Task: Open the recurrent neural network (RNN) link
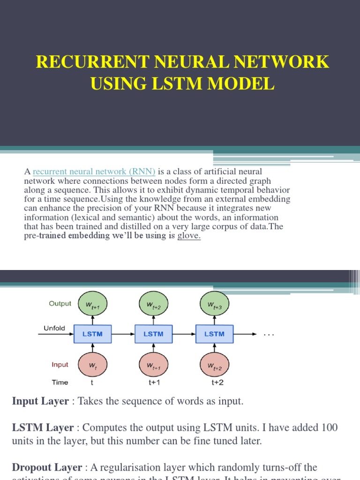94,172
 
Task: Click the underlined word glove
188,236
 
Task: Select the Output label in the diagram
60,304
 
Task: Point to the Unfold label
54,328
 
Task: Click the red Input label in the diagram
60,365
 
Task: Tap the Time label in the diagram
60,382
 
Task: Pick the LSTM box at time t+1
153,334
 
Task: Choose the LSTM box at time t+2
214,334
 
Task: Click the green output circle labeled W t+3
215,306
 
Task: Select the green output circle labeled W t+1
93,306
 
